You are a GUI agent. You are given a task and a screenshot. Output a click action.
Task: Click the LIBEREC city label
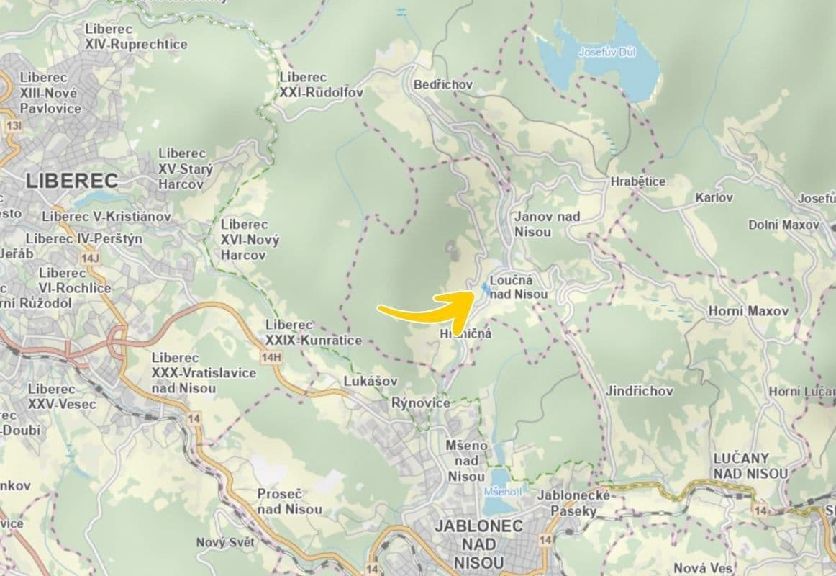coord(72,180)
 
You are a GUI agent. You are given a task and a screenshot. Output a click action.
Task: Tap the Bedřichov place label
coord(443,85)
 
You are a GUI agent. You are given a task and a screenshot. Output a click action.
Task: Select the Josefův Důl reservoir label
coord(607,52)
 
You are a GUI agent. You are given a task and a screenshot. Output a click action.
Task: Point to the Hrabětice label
coord(637,181)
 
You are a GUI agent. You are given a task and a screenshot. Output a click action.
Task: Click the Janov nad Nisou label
coord(548,224)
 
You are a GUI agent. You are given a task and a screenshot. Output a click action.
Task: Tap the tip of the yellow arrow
coord(472,294)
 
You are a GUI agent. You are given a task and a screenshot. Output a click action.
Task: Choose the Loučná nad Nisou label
coord(518,287)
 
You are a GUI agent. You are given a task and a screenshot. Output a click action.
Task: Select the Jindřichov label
coord(639,392)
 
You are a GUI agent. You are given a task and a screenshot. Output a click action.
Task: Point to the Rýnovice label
coord(421,403)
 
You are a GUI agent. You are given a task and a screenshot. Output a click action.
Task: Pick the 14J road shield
coord(90,258)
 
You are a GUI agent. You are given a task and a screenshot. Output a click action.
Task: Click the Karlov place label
coord(714,197)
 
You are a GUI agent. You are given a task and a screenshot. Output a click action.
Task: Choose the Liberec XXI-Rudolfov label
coord(321,85)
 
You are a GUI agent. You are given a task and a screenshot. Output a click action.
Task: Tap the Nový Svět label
coord(226,542)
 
